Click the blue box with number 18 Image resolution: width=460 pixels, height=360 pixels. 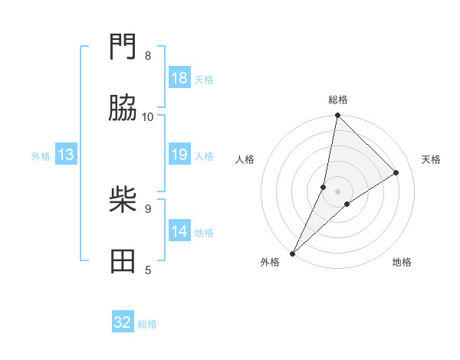click(x=179, y=78)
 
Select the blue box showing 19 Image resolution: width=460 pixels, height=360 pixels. click(x=179, y=155)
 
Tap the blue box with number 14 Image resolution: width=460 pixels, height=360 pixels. click(x=179, y=231)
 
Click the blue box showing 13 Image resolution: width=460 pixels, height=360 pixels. click(x=66, y=155)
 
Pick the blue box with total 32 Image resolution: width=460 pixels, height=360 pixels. click(x=123, y=323)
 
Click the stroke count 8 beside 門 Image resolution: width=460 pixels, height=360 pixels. click(x=148, y=55)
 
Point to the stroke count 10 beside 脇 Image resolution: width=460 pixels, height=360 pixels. click(x=148, y=116)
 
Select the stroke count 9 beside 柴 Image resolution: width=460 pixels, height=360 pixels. click(x=148, y=208)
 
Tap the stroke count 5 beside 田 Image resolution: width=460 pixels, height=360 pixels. click(x=148, y=269)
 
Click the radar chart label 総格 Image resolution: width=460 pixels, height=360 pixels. click(x=338, y=100)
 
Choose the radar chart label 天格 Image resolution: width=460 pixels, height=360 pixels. click(x=432, y=159)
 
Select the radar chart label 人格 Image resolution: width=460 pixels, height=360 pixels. click(x=245, y=159)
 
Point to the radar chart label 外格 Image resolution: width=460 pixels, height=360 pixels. click(x=270, y=262)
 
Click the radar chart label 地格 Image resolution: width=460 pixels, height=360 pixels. click(x=402, y=262)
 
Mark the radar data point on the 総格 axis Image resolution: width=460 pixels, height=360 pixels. click(x=337, y=116)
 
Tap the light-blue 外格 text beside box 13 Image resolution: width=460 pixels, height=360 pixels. click(x=41, y=155)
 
